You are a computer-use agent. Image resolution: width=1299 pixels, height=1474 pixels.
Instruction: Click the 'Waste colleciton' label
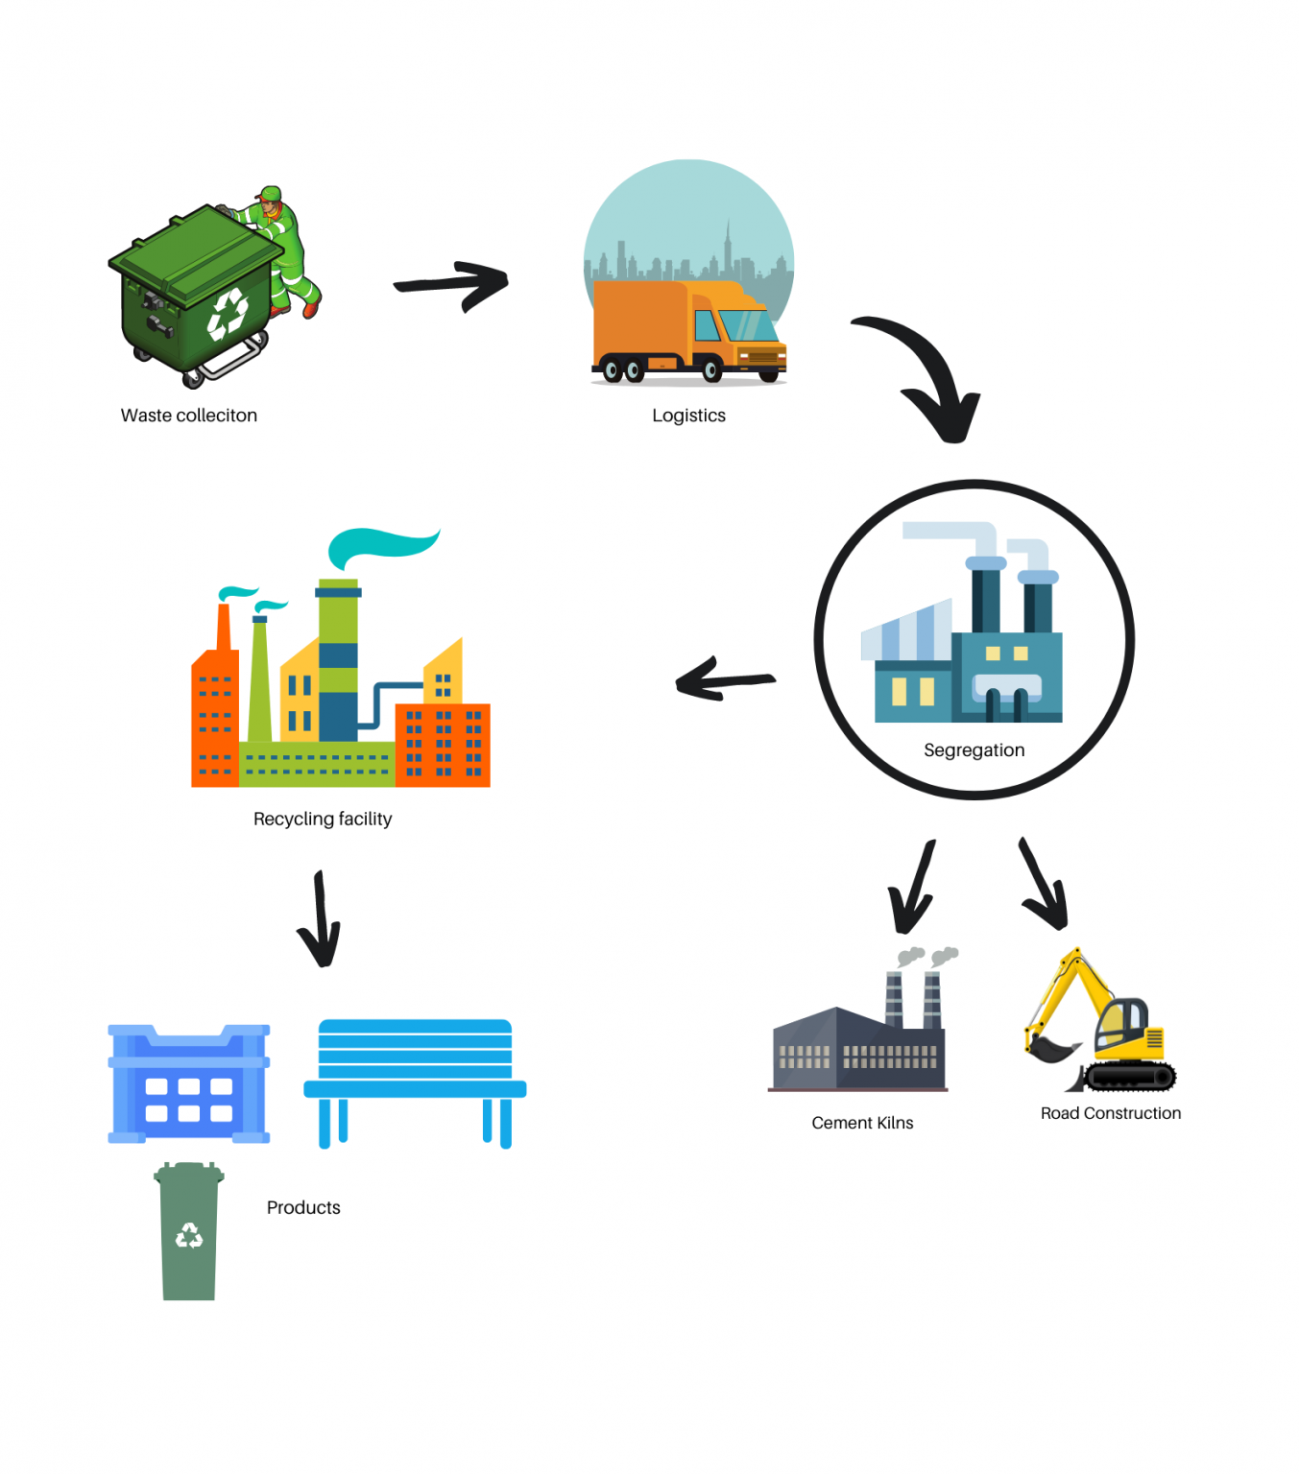click(x=189, y=416)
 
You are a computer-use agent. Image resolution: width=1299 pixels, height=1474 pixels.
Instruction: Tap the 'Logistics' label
click(x=688, y=416)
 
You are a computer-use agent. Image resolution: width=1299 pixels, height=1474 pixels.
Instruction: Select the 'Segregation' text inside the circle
click(x=974, y=750)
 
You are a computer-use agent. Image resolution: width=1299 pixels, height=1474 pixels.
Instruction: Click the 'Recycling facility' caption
click(x=323, y=819)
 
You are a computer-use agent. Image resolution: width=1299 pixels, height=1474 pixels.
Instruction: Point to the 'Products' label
click(x=303, y=1207)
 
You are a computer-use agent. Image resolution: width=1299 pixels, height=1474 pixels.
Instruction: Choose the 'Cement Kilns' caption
click(x=862, y=1123)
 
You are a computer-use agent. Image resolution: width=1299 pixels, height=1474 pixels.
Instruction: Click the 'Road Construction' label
click(x=1111, y=1113)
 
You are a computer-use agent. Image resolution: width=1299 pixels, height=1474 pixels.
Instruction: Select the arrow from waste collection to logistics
click(x=451, y=284)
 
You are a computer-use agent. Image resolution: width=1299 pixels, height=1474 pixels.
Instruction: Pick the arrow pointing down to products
click(x=321, y=921)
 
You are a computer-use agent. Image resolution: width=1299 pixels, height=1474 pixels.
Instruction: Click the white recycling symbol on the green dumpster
click(x=228, y=315)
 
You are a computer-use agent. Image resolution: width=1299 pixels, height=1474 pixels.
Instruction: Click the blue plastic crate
click(x=189, y=1084)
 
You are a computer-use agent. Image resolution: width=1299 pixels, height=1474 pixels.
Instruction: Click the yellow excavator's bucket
click(x=1048, y=1049)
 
